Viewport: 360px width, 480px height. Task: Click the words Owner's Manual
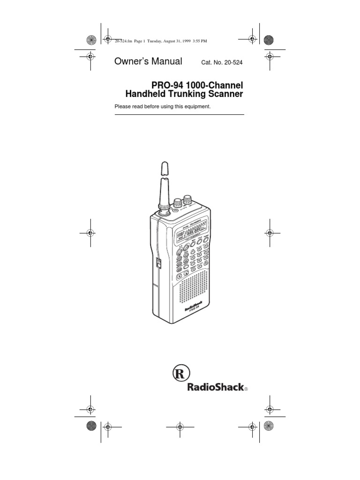click(148, 61)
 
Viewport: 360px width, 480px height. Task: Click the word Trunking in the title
click(186, 94)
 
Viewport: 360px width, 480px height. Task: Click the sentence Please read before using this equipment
click(163, 106)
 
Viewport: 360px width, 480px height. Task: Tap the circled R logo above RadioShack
click(180, 374)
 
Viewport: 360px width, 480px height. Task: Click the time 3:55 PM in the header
click(198, 41)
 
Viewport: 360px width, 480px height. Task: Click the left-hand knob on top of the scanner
click(178, 203)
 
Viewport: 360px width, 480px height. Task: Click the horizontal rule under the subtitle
click(179, 114)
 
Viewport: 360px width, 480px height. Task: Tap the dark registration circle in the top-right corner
click(269, 40)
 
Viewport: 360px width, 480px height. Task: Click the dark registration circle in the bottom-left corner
click(91, 426)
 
